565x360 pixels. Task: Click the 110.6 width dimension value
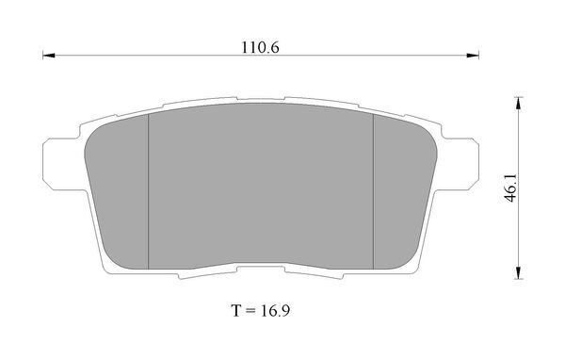point(260,47)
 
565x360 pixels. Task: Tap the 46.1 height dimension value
point(510,188)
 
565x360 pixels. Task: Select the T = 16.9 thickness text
point(260,310)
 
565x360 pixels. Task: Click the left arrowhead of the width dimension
point(49,56)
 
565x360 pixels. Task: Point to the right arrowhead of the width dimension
point(473,56)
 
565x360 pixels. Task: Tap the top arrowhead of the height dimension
point(518,103)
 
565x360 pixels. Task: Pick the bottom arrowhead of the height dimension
point(518,272)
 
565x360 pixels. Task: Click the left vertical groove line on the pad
point(149,192)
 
